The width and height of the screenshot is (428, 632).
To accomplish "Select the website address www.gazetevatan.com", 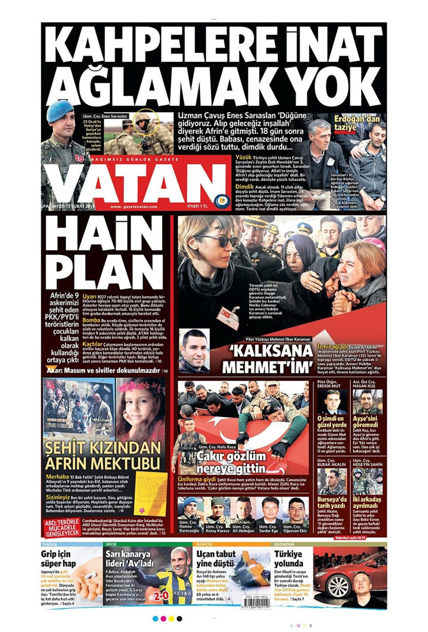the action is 134,207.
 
